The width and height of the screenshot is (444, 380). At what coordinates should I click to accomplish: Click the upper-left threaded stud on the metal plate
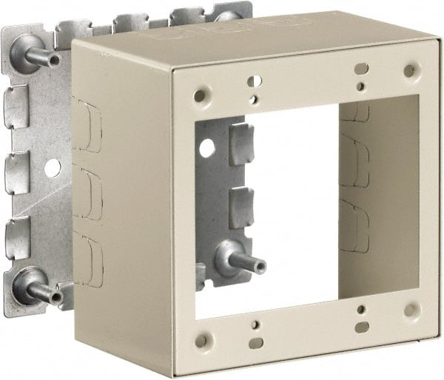click(x=41, y=54)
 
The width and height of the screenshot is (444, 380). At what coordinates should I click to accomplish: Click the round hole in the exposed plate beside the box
click(x=52, y=168)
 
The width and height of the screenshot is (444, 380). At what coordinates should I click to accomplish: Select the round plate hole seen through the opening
click(x=206, y=148)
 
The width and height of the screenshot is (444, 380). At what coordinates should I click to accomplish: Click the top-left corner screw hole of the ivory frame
click(x=199, y=95)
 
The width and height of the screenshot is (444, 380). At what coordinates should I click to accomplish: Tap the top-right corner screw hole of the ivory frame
click(x=410, y=71)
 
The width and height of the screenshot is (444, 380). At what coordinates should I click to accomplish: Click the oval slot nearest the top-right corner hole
click(x=361, y=69)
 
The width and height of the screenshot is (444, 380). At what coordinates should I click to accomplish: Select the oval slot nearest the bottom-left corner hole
click(x=255, y=342)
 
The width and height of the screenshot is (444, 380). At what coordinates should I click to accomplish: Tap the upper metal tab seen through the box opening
click(x=240, y=144)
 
